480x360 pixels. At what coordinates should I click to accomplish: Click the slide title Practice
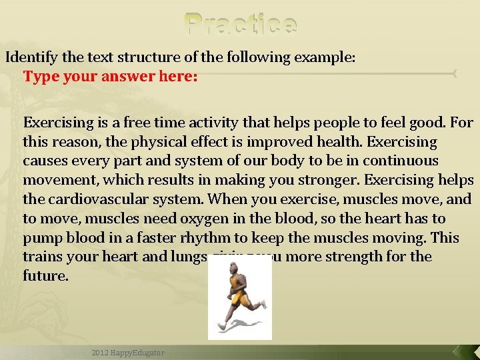pos(241,24)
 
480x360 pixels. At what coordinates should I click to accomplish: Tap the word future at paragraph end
pos(45,275)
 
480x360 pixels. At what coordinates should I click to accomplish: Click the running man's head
pos(234,267)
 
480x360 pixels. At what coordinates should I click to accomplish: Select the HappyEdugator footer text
pos(128,352)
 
